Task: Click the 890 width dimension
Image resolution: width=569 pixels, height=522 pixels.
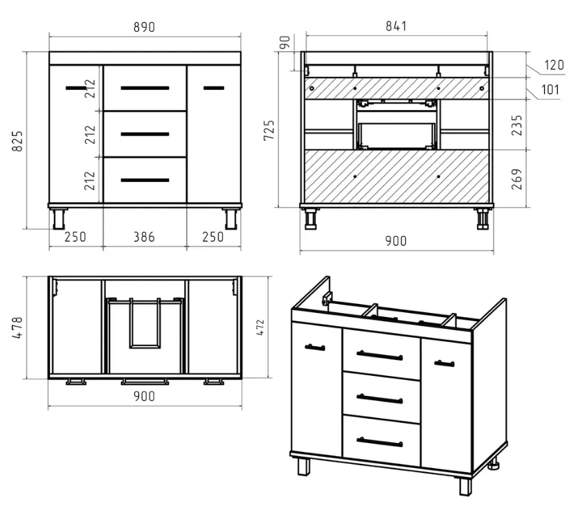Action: click(x=144, y=27)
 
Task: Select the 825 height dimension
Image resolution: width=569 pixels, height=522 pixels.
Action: click(x=17, y=141)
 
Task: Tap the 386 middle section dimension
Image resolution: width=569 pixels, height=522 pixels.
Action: click(x=144, y=237)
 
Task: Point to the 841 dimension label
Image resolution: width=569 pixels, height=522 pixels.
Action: click(x=396, y=26)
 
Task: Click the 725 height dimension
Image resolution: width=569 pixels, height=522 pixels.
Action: click(x=269, y=130)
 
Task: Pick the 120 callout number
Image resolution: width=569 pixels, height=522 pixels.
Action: click(x=554, y=65)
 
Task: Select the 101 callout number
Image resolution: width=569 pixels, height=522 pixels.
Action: click(x=550, y=90)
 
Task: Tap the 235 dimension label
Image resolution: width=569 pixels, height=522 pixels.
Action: click(x=516, y=125)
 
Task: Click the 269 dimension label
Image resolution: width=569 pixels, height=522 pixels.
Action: click(x=516, y=179)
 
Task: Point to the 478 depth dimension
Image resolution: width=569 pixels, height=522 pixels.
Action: click(x=17, y=327)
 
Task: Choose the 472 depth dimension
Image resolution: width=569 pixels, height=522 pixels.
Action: click(x=260, y=327)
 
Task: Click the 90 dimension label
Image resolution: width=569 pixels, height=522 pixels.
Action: click(x=285, y=42)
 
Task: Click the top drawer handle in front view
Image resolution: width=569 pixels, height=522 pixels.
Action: click(x=145, y=88)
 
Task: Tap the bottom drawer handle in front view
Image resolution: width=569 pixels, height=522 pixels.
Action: click(x=145, y=180)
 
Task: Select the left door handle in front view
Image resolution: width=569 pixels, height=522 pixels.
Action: click(x=76, y=88)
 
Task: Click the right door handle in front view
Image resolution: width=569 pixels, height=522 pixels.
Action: click(x=214, y=88)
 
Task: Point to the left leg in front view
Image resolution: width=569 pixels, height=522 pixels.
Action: click(x=59, y=219)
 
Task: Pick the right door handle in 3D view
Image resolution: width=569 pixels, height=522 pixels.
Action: click(x=444, y=363)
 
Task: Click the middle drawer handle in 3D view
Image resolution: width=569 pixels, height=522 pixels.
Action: click(x=379, y=399)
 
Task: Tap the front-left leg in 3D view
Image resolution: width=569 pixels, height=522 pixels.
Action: click(x=304, y=467)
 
